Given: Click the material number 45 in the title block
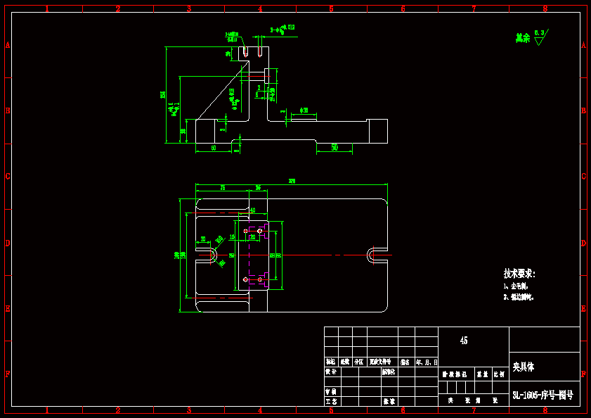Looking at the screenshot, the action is (x=464, y=341).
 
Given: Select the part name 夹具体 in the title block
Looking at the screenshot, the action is (x=524, y=367).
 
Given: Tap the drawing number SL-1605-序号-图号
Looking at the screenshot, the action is (x=543, y=395).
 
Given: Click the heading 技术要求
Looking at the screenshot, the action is (x=519, y=274).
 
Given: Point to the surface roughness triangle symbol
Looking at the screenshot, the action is (x=539, y=41).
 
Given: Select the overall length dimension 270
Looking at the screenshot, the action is (x=292, y=182).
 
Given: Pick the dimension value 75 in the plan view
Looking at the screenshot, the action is (x=223, y=189).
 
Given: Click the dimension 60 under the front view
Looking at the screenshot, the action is (x=214, y=148).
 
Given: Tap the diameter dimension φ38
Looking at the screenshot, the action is (x=304, y=110).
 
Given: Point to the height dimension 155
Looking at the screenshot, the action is (x=163, y=94).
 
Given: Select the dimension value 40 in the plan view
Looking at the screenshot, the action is (x=253, y=210).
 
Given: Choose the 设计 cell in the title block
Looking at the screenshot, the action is (x=330, y=371).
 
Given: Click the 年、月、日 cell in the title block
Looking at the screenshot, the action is (x=427, y=362).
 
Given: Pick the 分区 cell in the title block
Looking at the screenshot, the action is (x=358, y=362).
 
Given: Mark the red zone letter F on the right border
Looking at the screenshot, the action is (x=583, y=374).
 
